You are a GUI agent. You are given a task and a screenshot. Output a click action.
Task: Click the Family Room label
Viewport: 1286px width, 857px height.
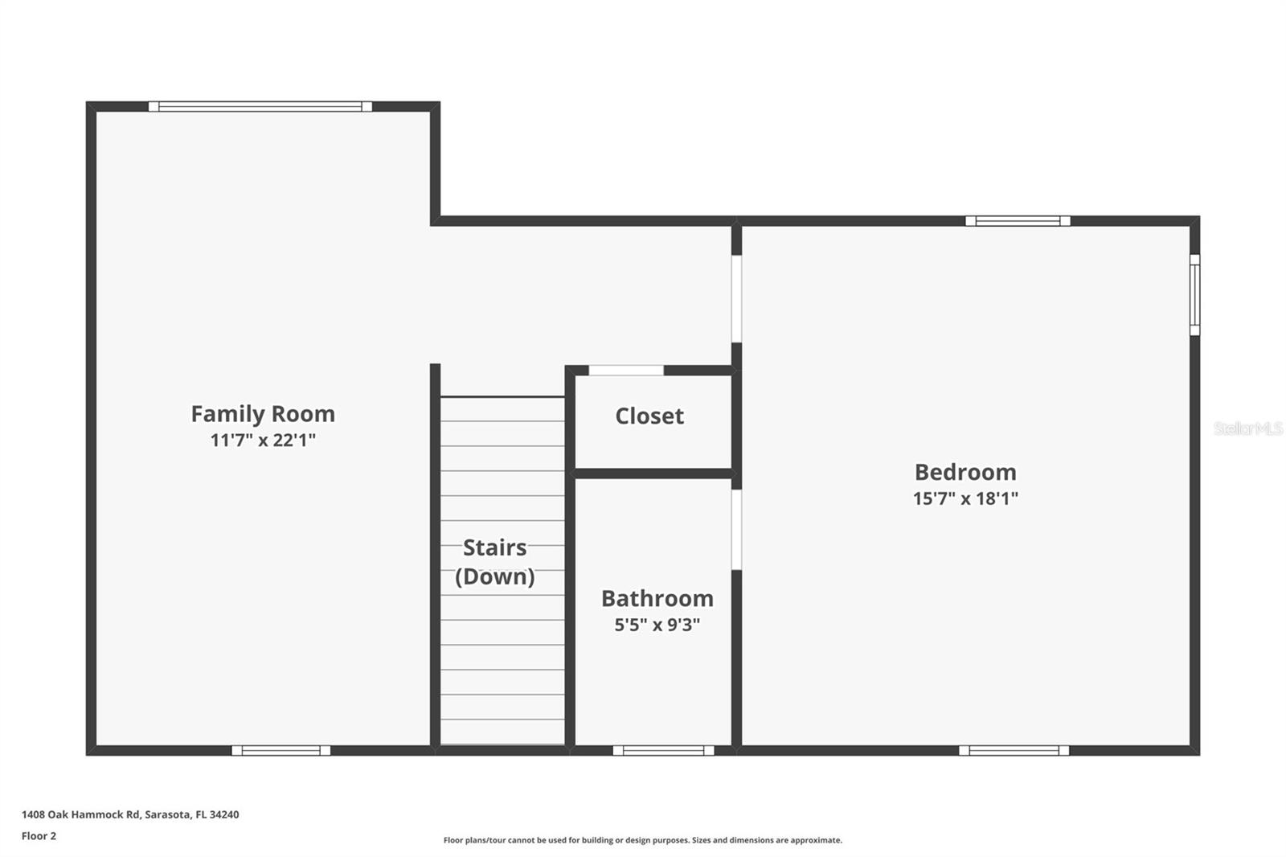262,413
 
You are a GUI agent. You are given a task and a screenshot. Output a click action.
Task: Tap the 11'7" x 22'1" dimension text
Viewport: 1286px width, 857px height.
262,440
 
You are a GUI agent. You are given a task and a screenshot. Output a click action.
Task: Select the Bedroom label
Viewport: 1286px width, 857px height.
964,472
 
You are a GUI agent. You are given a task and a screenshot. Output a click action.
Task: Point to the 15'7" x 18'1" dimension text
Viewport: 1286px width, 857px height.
964,498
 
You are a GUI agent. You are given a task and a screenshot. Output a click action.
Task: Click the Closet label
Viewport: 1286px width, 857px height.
649,416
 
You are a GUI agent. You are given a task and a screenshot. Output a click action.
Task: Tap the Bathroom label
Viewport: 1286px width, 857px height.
657,598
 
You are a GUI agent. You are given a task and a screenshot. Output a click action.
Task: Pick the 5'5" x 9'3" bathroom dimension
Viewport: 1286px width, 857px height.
657,625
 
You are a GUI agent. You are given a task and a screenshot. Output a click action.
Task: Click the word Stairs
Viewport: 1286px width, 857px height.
494,547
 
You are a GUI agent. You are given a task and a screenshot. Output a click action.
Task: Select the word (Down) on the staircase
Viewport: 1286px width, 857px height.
494,576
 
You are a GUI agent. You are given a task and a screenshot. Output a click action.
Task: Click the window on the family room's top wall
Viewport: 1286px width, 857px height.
260,106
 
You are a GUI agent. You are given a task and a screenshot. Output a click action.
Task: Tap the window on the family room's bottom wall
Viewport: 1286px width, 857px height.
281,750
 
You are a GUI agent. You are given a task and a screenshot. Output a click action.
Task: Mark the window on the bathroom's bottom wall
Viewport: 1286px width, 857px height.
663,750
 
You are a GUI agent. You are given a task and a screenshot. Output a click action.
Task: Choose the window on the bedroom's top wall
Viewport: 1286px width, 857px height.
1017,220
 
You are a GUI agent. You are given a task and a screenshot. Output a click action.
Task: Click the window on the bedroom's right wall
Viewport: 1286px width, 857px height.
1194,294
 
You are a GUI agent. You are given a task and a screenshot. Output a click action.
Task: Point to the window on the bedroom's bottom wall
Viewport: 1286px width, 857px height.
1014,750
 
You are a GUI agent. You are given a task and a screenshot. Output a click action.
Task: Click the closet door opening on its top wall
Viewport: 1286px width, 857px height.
626,370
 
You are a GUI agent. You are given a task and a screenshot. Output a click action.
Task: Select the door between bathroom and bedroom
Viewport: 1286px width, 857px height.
735,529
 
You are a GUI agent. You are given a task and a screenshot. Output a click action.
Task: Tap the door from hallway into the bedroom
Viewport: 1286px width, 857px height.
735,298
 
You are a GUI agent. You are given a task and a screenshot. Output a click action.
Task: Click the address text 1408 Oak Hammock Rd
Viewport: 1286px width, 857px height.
129,814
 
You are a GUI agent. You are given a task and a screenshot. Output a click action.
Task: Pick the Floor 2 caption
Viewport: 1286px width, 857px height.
39,835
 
